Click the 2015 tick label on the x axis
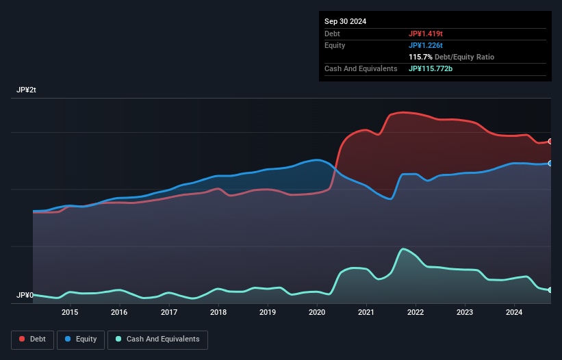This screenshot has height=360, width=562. click(x=69, y=313)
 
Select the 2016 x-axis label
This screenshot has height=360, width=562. click(x=119, y=313)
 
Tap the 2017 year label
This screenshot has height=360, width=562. click(x=168, y=313)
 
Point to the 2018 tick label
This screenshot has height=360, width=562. click(x=218, y=313)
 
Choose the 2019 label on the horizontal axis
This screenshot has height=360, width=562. click(x=268, y=313)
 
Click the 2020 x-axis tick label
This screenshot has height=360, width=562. click(x=317, y=313)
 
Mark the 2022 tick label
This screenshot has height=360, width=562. click(x=416, y=313)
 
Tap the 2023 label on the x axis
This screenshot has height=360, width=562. click(x=465, y=313)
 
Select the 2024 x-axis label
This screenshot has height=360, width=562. click(x=514, y=313)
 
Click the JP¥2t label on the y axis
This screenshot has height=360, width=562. click(x=27, y=90)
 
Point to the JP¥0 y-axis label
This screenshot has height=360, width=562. click(x=25, y=296)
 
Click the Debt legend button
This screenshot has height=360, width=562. click(x=33, y=339)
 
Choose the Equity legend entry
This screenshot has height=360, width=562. click(x=81, y=339)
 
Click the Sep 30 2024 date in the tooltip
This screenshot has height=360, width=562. click(x=345, y=21)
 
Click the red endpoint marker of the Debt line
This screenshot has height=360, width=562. click(x=550, y=141)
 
